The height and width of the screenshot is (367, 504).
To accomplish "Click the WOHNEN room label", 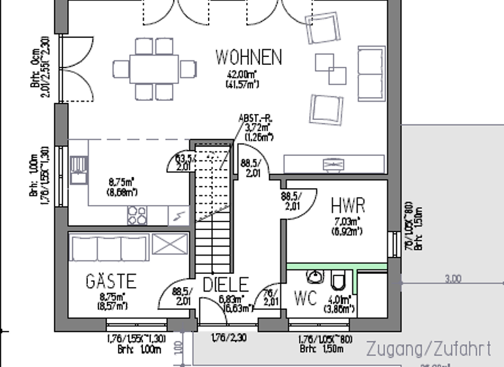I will click(249, 58).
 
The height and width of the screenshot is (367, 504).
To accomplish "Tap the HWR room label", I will click(348, 206).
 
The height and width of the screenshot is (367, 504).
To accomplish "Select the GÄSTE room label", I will click(111, 282).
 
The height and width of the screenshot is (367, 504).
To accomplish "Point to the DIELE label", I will click(225, 284).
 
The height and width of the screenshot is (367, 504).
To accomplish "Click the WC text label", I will click(305, 298).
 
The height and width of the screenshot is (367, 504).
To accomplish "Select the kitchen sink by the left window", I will click(79, 168).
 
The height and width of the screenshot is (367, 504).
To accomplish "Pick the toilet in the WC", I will click(338, 280).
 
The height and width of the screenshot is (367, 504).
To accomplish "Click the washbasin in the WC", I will click(316, 277).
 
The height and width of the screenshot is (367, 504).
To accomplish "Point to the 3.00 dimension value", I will click(453, 279).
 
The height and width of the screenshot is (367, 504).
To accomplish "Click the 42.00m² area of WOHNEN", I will click(242, 74).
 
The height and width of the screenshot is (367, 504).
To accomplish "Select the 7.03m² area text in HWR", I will click(347, 222).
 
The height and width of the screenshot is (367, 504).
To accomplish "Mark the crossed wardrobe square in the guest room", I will click(169, 244).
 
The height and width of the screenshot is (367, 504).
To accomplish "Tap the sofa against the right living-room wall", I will click(371, 73).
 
